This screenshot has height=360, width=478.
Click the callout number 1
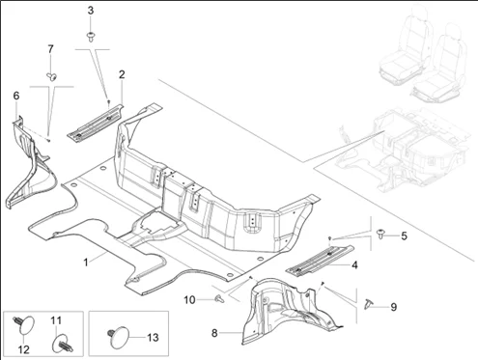click(x=86, y=263)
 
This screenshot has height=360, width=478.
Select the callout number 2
click(x=122, y=74)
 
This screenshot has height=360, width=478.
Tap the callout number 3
click(x=91, y=11)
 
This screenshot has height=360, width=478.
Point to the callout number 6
click(x=16, y=96)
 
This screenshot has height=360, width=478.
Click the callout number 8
click(x=214, y=333)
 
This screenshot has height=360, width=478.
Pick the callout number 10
click(x=189, y=300)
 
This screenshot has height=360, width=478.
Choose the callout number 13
click(x=153, y=337)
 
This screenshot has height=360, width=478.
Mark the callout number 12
click(x=24, y=349)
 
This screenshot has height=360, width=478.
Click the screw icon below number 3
click(x=91, y=37)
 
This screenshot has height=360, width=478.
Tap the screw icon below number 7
click(x=51, y=76)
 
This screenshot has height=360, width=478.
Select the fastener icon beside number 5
click(x=381, y=234)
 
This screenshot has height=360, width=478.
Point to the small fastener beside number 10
click(x=219, y=299)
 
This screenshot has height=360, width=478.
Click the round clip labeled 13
click(x=118, y=336)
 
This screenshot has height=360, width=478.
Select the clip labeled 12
click(x=23, y=324)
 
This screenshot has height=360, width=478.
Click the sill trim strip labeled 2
click(x=96, y=122)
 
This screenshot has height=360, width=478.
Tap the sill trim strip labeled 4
click(x=321, y=261)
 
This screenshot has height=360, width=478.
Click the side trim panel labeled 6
click(x=30, y=162)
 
